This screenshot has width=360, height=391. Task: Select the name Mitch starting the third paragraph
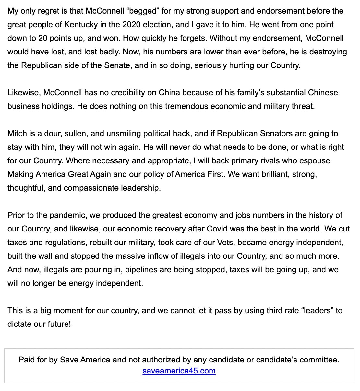coord(17,134)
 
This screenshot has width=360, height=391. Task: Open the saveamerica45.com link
coord(179,371)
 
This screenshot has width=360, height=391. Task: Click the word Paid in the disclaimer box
coord(27,360)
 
